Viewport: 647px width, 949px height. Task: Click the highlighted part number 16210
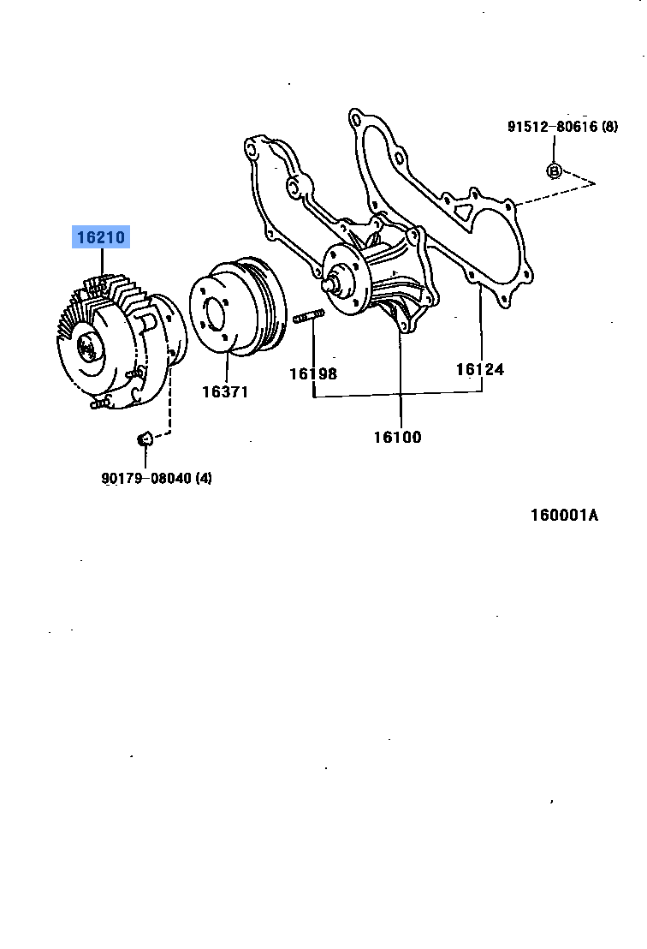pyautogui.click(x=100, y=237)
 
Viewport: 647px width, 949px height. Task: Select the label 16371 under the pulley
pyautogui.click(x=225, y=391)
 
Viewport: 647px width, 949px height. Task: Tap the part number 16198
pyautogui.click(x=312, y=373)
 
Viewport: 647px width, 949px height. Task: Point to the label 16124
pyautogui.click(x=479, y=369)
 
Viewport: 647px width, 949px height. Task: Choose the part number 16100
pyautogui.click(x=397, y=437)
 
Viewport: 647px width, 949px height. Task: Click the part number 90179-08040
pyautogui.click(x=145, y=478)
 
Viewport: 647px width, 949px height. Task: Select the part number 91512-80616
pyautogui.click(x=552, y=127)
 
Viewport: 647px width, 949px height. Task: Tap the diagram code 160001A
pyautogui.click(x=564, y=515)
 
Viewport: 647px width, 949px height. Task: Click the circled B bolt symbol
pyautogui.click(x=554, y=170)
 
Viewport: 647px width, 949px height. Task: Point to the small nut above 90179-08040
pyautogui.click(x=145, y=439)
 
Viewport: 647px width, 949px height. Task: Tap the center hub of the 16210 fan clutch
pyautogui.click(x=88, y=348)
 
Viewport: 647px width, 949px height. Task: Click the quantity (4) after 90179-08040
pyautogui.click(x=202, y=478)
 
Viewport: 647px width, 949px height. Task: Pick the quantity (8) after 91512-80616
pyautogui.click(x=608, y=127)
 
